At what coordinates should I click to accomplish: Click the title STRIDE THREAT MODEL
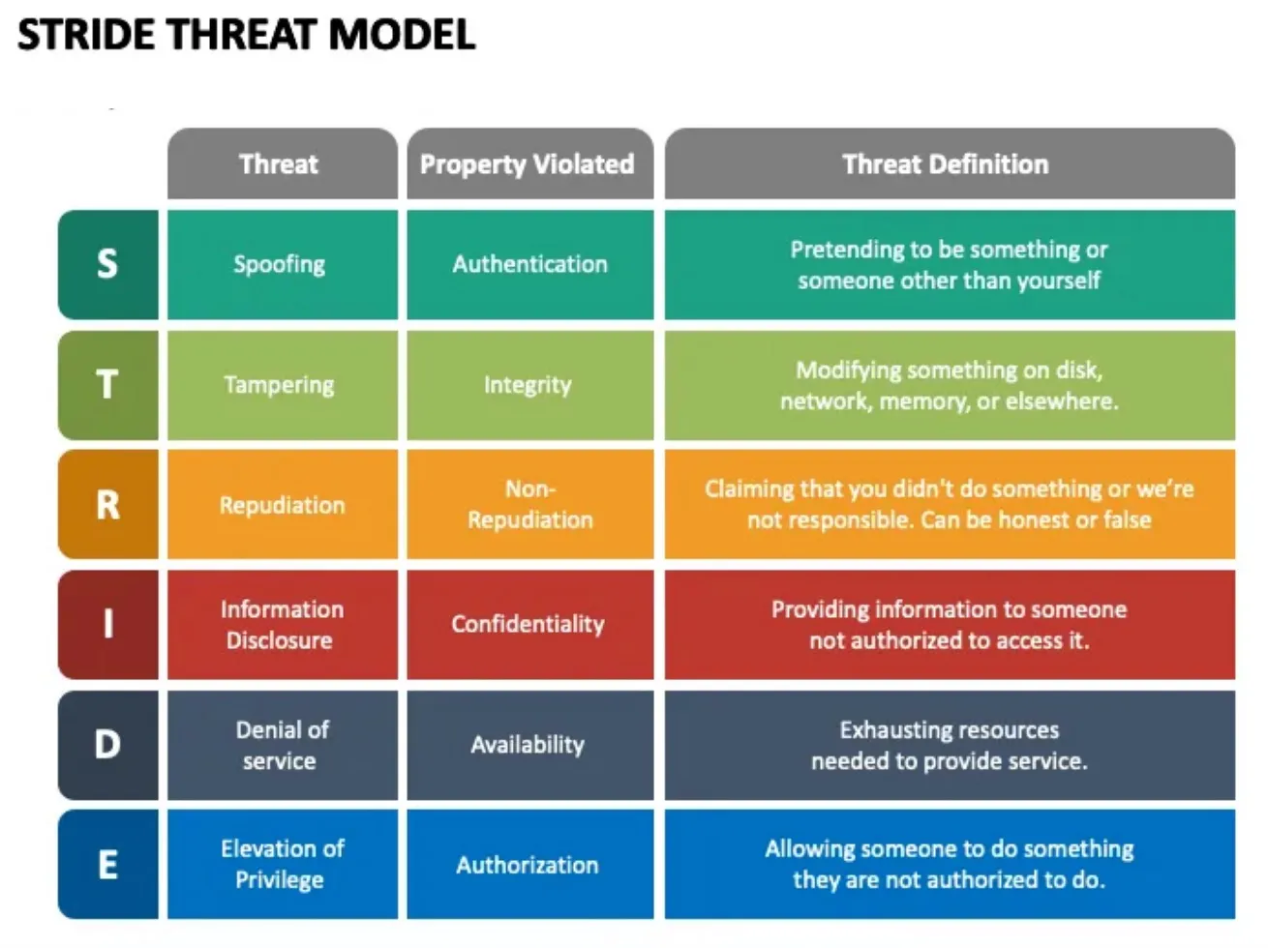point(246,35)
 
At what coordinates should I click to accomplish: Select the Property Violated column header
point(528,164)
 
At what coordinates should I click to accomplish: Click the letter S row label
point(107,264)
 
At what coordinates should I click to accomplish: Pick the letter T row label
point(107,385)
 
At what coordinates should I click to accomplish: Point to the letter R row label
point(107,505)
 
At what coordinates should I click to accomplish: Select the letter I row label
point(107,625)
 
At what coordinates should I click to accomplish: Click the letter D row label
point(107,745)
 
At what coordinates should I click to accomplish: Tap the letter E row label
point(107,865)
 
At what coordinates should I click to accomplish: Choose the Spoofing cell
point(281,264)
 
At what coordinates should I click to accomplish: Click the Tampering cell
point(281,385)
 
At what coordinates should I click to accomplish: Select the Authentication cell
point(529,264)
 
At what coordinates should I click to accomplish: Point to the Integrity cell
point(528,385)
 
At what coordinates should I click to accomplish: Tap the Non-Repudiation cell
point(529,505)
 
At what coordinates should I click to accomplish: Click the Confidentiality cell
point(528,625)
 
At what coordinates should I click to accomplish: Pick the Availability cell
point(528,745)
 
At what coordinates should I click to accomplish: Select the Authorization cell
point(528,865)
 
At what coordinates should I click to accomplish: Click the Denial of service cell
point(281,745)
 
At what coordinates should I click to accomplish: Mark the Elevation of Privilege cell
point(281,865)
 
